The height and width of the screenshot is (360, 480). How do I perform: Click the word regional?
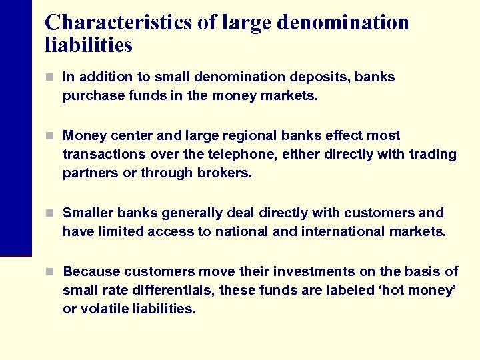tap(248, 136)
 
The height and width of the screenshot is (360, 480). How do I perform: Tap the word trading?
tap(433, 155)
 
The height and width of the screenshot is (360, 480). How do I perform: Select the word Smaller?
tap(89, 213)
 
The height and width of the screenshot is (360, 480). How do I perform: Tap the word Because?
tap(91, 272)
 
